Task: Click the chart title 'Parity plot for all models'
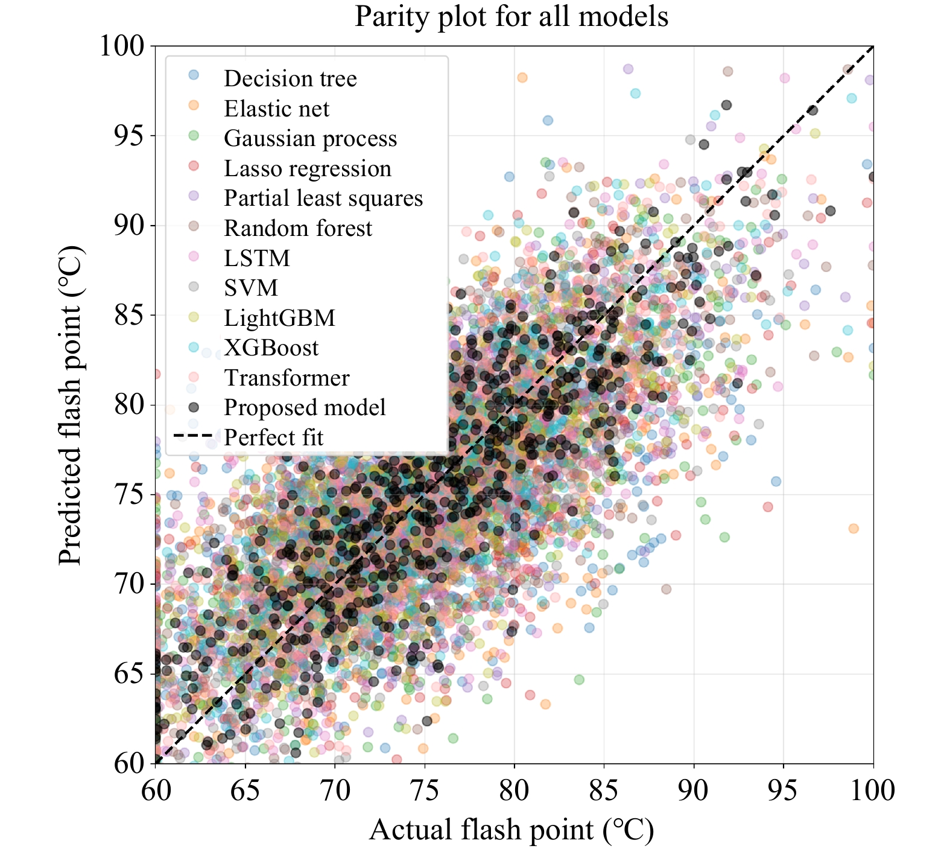pyautogui.click(x=511, y=16)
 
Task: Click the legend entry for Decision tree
pyautogui.click(x=290, y=78)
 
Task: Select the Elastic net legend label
pyautogui.click(x=276, y=109)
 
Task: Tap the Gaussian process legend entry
pyautogui.click(x=310, y=138)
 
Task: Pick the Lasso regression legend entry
pyautogui.click(x=307, y=168)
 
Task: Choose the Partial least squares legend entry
pyautogui.click(x=323, y=198)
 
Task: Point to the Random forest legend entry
pyautogui.click(x=298, y=228)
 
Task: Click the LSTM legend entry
pyautogui.click(x=257, y=258)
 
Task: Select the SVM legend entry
pyautogui.click(x=251, y=288)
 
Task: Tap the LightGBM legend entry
pyautogui.click(x=279, y=317)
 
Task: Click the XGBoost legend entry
pyautogui.click(x=271, y=348)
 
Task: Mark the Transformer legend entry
pyautogui.click(x=287, y=378)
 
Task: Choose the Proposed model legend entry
pyautogui.click(x=304, y=407)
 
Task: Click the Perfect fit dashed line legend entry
pyautogui.click(x=273, y=437)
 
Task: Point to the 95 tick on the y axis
pyautogui.click(x=130, y=136)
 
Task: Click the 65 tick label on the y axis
pyautogui.click(x=130, y=673)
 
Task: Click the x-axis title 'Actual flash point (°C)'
pyautogui.click(x=511, y=830)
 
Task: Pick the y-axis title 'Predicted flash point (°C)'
pyautogui.click(x=71, y=405)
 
